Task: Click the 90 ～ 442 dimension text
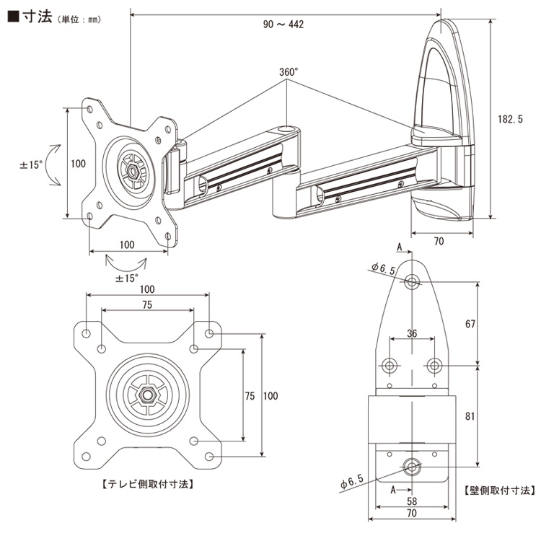coord(283,25)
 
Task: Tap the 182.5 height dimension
coord(510,119)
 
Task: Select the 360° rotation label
coord(289,72)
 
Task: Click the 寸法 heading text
coord(38,17)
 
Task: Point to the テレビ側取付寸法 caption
coord(148,485)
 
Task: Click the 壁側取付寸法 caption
coord(500,491)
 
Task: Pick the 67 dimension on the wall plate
coord(470,324)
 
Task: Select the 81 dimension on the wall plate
coord(470,416)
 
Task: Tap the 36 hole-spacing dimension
coord(412,334)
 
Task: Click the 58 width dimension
coord(412,501)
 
